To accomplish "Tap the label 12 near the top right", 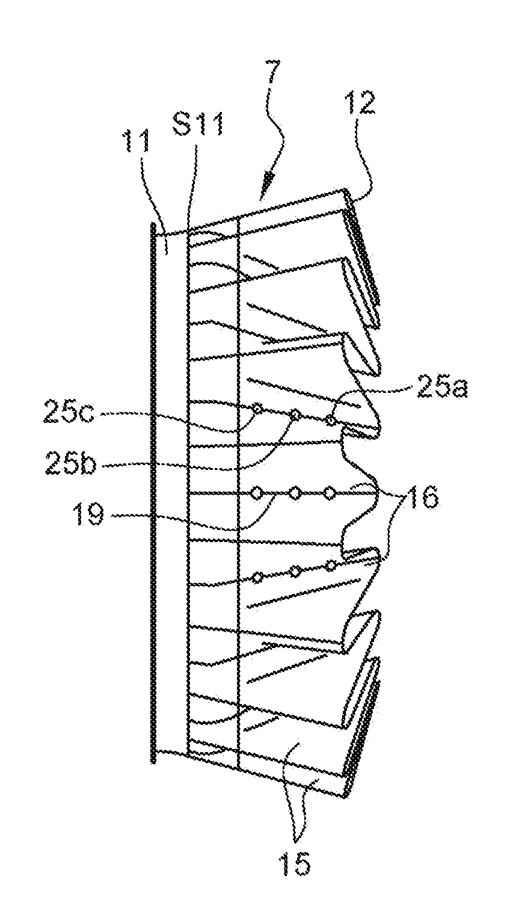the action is [361, 103].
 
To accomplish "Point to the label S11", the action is [198, 125].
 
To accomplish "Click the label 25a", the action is [442, 389].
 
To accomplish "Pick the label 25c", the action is [69, 414].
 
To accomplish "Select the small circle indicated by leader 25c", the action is [257, 408].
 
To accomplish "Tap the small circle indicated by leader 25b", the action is [295, 415].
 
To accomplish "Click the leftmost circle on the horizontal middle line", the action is [257, 493].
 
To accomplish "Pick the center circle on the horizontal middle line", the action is [294, 493].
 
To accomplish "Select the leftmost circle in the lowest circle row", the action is [257, 578].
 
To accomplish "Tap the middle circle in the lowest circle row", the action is [295, 570].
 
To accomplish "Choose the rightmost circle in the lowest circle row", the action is [331, 566].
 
